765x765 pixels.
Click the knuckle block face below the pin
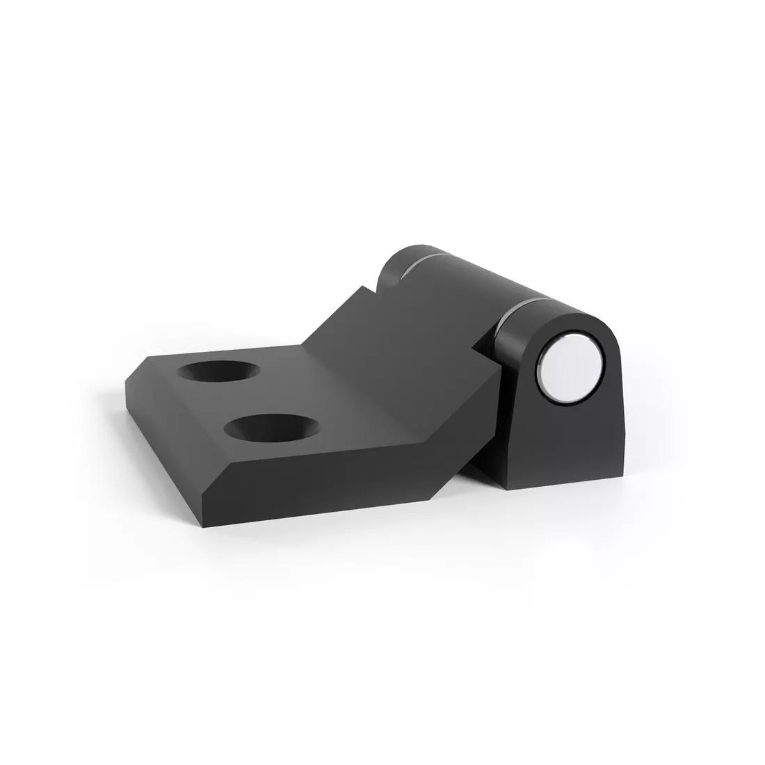[567, 445]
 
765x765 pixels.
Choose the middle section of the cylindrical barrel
[473, 285]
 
